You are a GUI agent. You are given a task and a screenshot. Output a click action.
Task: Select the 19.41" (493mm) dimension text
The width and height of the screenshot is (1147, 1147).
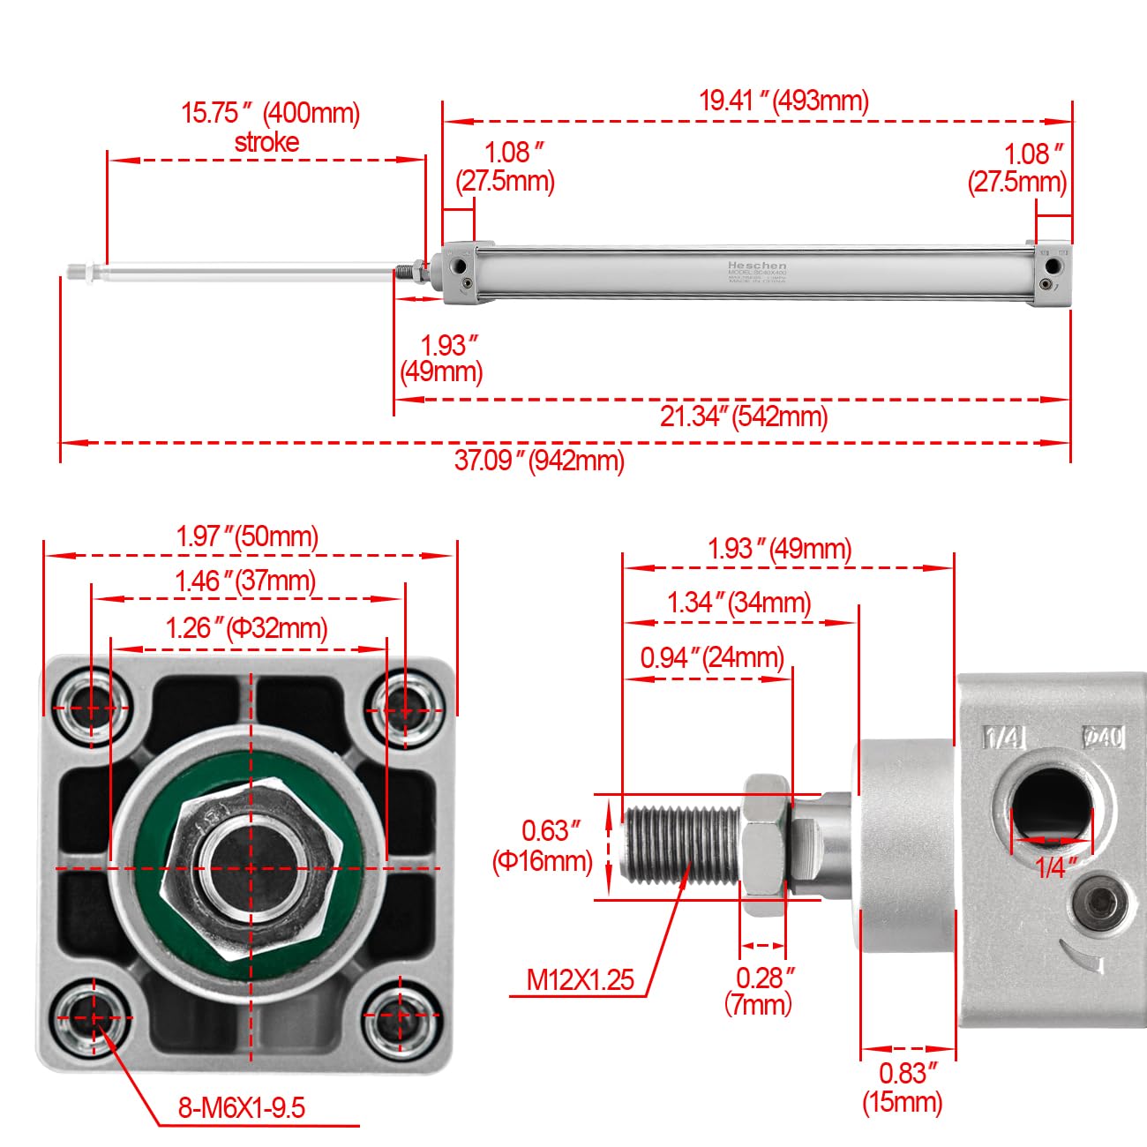point(783,101)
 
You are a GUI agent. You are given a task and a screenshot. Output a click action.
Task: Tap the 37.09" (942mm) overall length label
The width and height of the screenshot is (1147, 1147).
point(539,460)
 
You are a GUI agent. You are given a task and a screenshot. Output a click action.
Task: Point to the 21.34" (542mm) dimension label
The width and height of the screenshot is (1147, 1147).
point(743,416)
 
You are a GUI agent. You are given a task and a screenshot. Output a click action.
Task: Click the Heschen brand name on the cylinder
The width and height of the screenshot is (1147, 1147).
point(756,265)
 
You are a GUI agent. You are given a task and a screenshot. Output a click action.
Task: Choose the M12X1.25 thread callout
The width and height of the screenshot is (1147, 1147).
point(580,979)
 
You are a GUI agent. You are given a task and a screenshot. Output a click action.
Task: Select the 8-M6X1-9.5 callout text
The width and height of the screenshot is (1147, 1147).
point(242,1107)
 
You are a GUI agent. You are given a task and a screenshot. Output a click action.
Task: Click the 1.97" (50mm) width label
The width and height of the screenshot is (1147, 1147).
point(247,536)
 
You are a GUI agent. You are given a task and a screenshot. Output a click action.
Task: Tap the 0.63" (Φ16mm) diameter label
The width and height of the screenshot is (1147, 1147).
point(543,845)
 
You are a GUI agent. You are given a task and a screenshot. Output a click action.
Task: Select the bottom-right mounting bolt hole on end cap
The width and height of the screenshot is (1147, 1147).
point(402,1016)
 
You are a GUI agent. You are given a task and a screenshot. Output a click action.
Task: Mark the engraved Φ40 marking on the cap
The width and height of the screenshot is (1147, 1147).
point(1103,736)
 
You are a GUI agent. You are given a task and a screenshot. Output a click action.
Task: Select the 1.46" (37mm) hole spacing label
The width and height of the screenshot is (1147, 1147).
point(245,581)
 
